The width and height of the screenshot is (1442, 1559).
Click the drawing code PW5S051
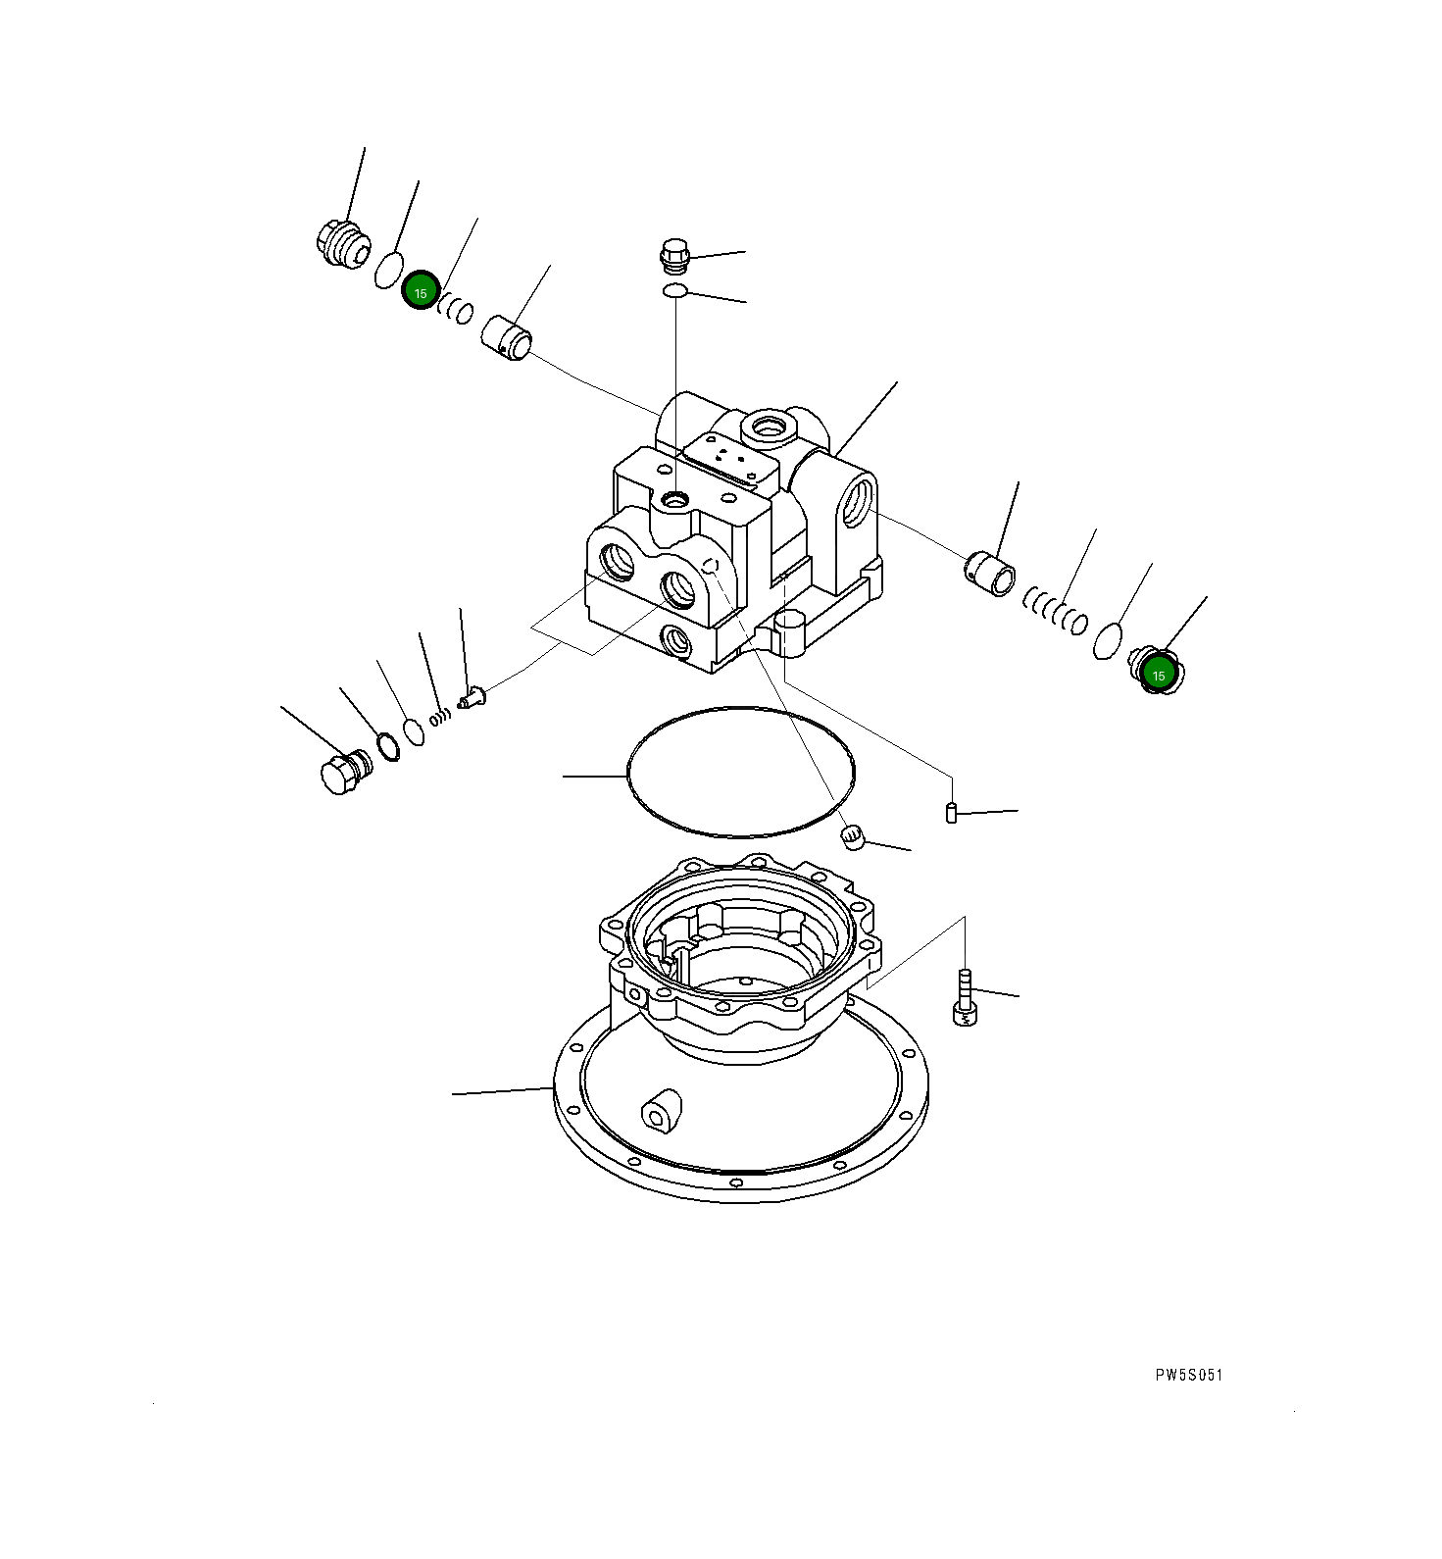click(x=1188, y=1375)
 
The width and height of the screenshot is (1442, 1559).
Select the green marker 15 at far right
click(x=1158, y=674)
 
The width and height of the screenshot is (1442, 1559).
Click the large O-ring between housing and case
click(x=740, y=773)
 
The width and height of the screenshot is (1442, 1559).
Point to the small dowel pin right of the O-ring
click(x=951, y=812)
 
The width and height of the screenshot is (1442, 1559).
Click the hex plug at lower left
click(x=340, y=773)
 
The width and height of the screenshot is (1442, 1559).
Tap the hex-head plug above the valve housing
click(x=674, y=256)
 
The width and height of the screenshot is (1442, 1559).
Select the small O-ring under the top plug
click(x=674, y=290)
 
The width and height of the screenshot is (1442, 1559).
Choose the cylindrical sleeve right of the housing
click(x=990, y=574)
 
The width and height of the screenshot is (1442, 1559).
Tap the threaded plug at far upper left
click(x=340, y=241)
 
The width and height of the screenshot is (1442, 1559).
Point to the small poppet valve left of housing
click(x=472, y=698)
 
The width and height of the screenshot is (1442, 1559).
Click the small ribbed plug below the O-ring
click(x=854, y=836)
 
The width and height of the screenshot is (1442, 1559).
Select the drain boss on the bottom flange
click(x=662, y=1112)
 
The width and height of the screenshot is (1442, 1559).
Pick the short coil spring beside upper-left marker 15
click(x=456, y=308)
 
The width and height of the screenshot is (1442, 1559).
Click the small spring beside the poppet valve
click(x=441, y=715)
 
